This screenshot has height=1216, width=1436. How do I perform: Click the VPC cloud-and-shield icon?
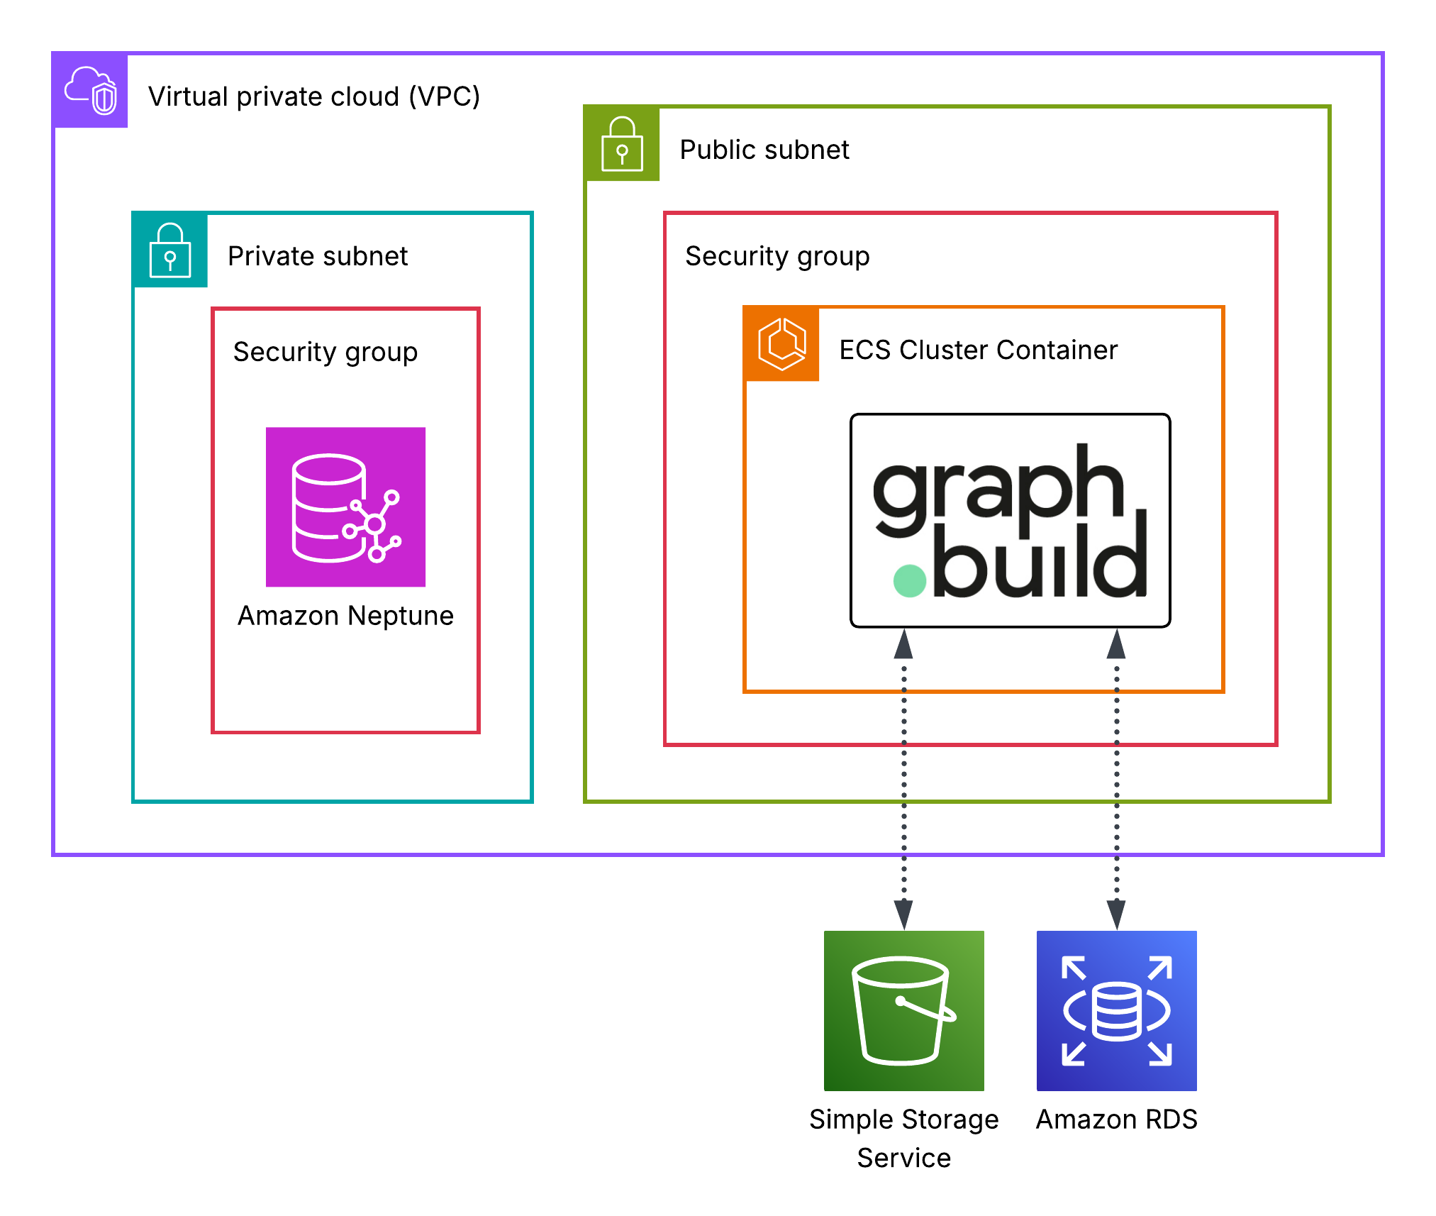91,91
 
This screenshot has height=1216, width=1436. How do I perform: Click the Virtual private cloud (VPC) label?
314,96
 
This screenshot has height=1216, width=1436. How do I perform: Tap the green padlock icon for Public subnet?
622,144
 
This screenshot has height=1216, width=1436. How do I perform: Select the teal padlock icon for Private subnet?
170,250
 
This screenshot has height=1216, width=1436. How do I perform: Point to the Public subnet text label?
764,150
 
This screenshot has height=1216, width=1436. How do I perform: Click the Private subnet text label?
317,256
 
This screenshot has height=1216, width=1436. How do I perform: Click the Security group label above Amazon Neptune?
325,352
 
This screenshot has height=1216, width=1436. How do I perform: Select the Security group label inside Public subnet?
777,256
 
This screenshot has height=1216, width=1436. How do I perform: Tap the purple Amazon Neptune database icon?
345,507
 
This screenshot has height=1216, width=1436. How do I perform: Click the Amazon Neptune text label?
345,616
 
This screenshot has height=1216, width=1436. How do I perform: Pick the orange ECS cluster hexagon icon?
781,344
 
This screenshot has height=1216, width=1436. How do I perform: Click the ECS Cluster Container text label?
978,350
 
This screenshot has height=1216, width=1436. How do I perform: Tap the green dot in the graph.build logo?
910,580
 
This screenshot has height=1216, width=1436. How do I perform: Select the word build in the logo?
1039,560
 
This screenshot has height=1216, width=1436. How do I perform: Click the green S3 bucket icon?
903,1010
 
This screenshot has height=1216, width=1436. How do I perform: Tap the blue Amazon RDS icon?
1116,1010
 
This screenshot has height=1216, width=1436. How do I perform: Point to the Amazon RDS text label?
1116,1120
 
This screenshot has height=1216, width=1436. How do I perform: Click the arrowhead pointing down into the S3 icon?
903,914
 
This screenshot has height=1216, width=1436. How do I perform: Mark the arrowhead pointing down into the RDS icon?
1116,914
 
